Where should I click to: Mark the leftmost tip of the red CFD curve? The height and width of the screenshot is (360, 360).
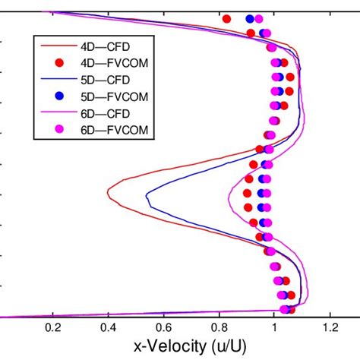[x=108, y=194]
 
